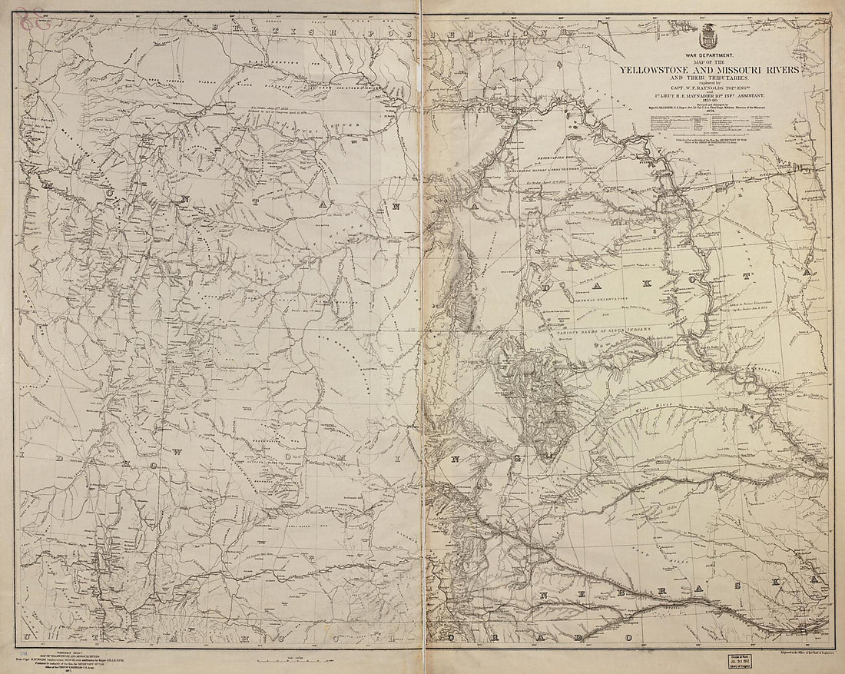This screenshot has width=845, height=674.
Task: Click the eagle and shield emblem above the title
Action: tap(706, 37)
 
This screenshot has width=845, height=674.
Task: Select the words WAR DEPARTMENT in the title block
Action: tap(706, 57)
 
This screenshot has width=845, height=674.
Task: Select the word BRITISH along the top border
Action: tap(238, 28)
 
